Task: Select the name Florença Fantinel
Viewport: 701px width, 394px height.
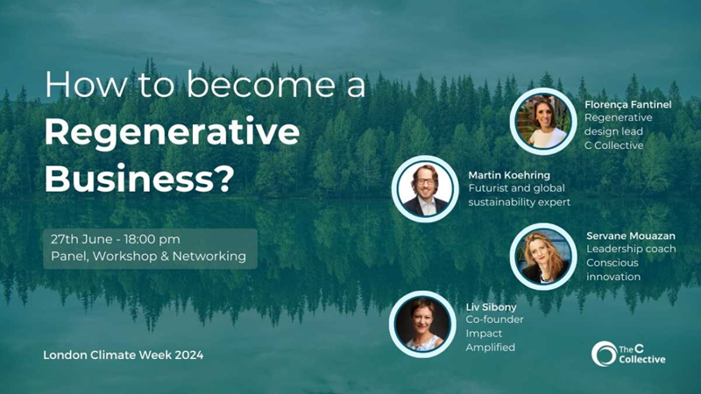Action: pos(628,104)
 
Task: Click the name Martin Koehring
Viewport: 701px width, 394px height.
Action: pos(509,174)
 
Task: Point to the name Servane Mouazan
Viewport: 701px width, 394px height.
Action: pos(631,236)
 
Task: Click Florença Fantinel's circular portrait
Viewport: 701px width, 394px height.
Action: pos(543,121)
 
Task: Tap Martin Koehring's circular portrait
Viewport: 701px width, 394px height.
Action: pos(425,189)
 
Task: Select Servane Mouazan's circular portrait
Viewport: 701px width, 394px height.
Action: pos(543,257)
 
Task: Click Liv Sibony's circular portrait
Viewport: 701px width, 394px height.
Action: pos(422,324)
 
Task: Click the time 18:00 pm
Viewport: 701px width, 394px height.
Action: pos(152,239)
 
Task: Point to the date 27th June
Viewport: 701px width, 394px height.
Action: pos(81,239)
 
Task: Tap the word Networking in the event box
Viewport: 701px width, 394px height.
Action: pos(209,257)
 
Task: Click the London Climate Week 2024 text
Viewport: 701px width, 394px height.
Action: pos(124,355)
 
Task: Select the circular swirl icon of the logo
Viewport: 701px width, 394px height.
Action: pos(604,354)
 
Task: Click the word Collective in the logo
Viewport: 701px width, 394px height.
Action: pos(642,359)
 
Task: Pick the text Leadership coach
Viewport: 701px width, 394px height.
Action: pos(631,249)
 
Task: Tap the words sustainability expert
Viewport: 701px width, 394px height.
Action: pos(519,202)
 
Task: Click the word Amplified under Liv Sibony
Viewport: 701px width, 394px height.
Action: pos(491,347)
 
